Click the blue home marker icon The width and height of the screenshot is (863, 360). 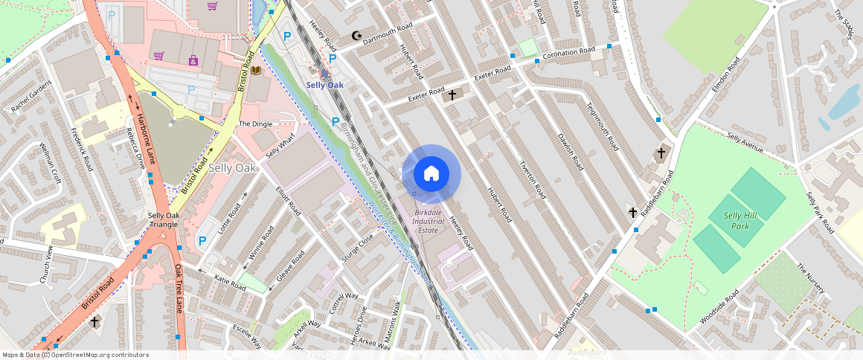coord(431,174)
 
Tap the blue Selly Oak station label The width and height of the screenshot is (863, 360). coord(325,85)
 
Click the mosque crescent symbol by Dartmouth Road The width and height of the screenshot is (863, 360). coord(356,35)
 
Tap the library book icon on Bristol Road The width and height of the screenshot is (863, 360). coord(256,70)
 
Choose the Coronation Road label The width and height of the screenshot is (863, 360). coord(569,54)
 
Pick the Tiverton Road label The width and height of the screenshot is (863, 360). coord(533,179)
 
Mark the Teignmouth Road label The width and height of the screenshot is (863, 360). coord(600,126)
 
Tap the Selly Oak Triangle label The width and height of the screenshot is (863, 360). coord(163,219)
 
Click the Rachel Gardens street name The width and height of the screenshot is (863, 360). coord(32,96)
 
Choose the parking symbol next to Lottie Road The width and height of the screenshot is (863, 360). coord(202,241)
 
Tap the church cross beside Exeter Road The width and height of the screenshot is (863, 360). coord(451,95)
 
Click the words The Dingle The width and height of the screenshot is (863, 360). coord(255,123)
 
